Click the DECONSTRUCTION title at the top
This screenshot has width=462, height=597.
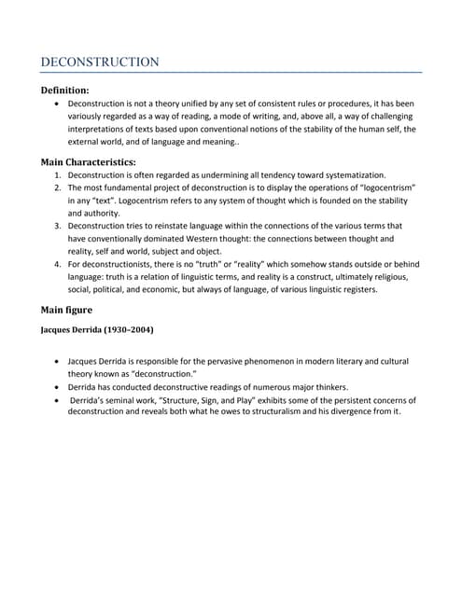[x=100, y=62]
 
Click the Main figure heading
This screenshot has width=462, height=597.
[x=72, y=310]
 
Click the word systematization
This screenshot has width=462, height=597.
[x=351, y=175]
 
